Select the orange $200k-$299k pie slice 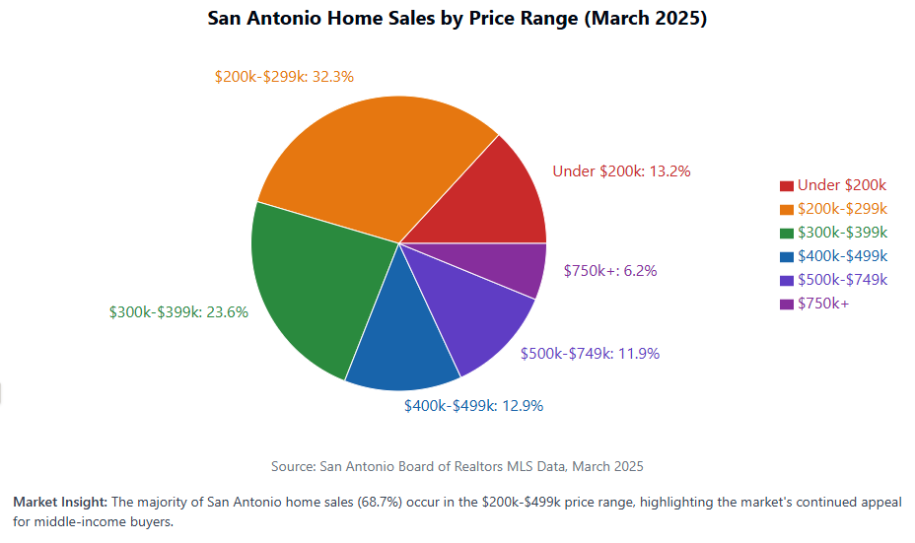[x=375, y=158]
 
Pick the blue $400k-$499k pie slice [x=399, y=345]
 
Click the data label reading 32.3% [x=284, y=75]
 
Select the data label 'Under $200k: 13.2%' [x=621, y=170]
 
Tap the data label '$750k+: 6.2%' [x=609, y=270]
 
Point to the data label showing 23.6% [x=178, y=311]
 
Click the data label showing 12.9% [x=473, y=405]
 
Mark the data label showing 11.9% [x=590, y=353]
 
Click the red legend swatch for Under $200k [x=786, y=185]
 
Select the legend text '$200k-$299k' [x=842, y=209]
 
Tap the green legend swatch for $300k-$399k [x=786, y=233]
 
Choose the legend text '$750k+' [x=823, y=304]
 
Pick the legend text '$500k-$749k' [x=842, y=280]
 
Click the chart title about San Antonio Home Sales [x=457, y=19]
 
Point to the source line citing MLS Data [x=457, y=465]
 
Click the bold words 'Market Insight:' [x=59, y=503]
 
